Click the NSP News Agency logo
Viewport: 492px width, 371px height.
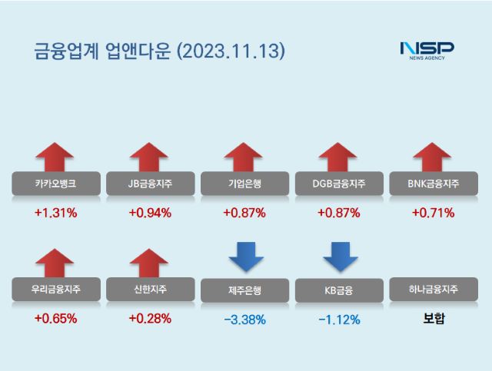[427, 51]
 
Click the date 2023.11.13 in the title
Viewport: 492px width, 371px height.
[231, 51]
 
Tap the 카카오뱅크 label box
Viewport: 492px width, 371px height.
[55, 184]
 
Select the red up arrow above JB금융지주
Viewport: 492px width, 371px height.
[149, 157]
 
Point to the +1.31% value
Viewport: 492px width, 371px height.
[55, 213]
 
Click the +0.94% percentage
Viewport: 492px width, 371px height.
[149, 213]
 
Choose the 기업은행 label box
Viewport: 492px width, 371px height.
[243, 184]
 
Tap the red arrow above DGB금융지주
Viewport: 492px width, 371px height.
[337, 157]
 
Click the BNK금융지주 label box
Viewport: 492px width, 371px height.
[434, 184]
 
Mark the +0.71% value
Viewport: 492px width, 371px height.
[434, 213]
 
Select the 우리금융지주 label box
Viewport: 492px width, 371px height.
[55, 290]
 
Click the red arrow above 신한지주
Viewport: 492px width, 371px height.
[149, 262]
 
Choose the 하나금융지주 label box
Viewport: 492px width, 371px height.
[434, 290]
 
